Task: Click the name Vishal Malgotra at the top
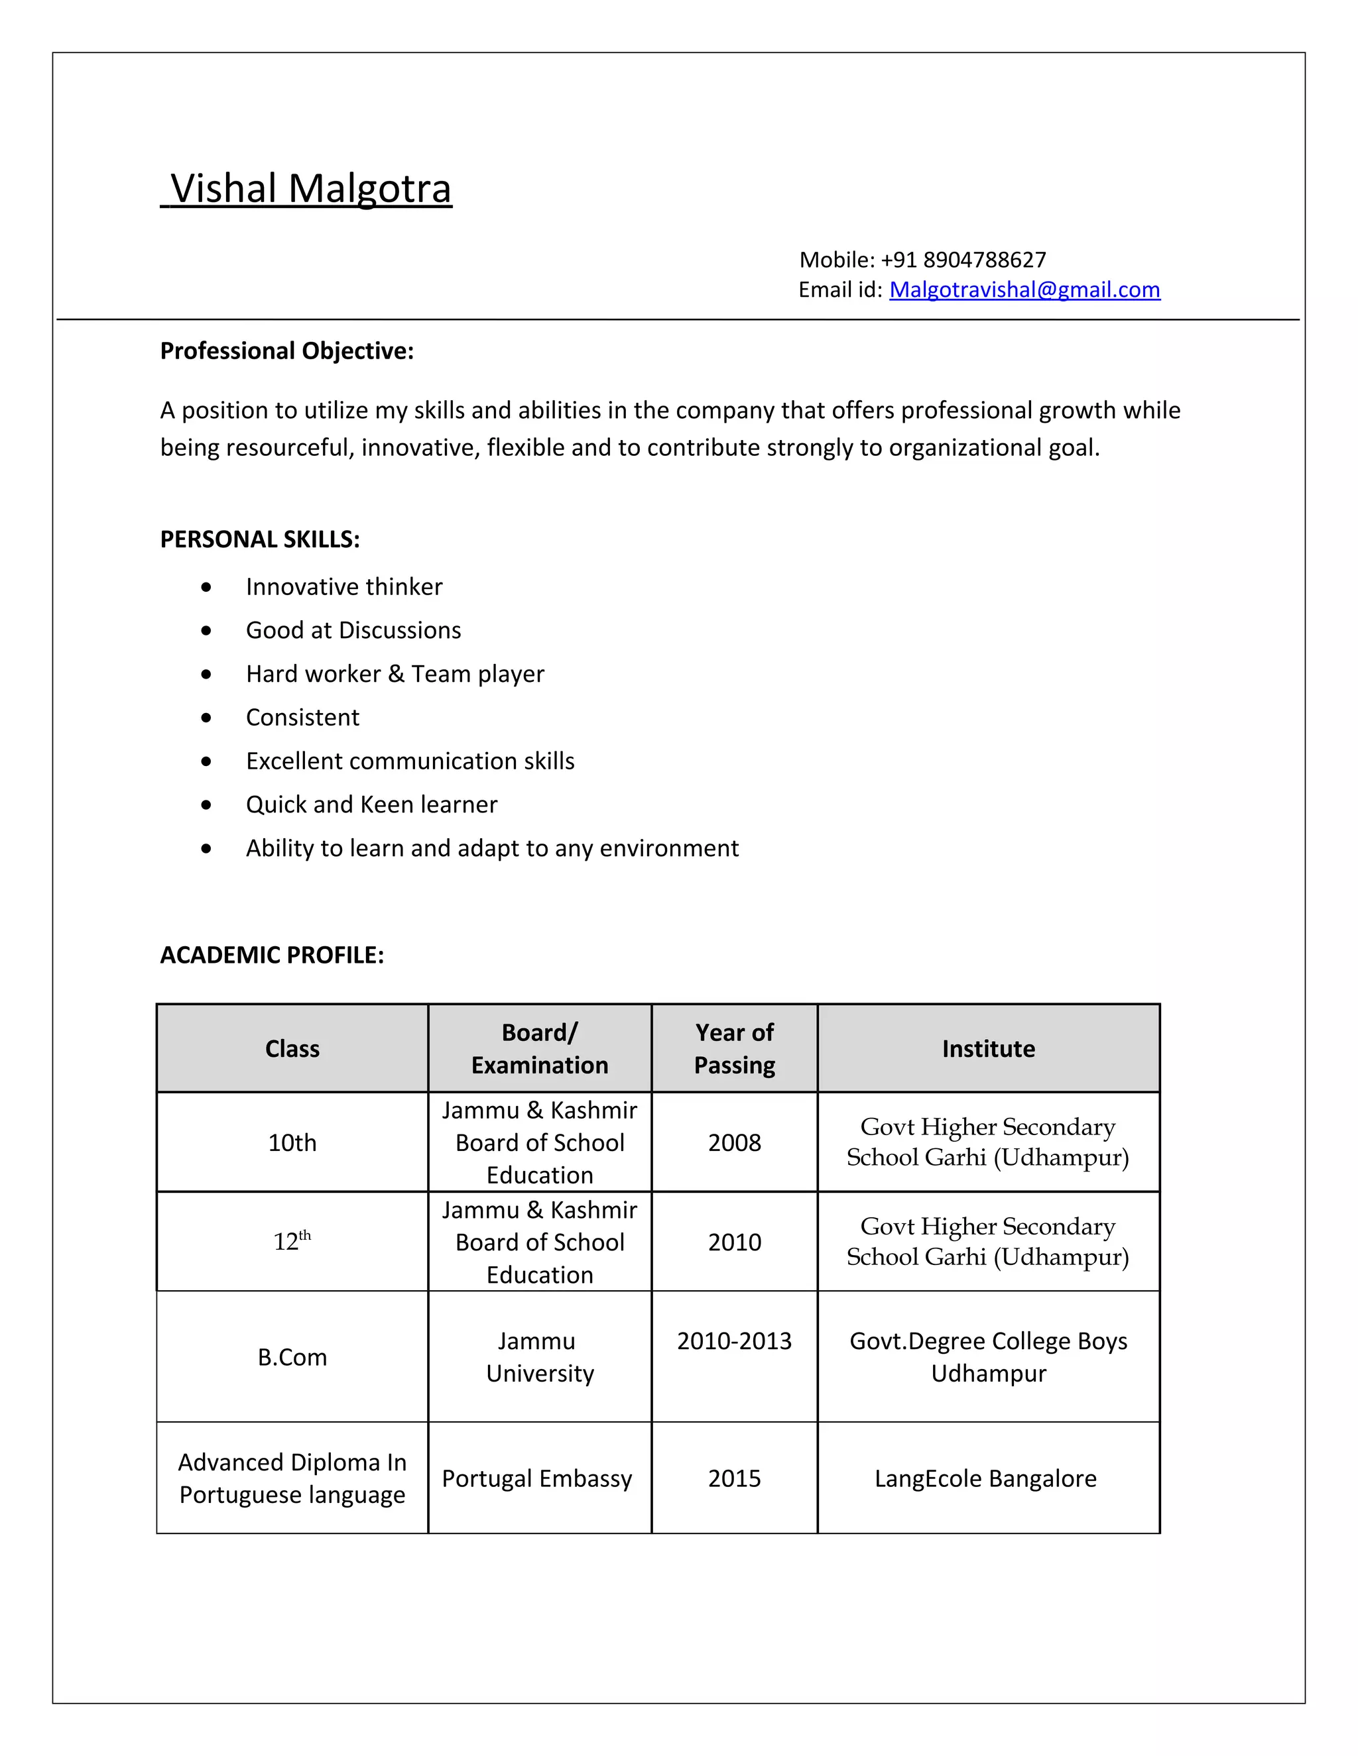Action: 310,189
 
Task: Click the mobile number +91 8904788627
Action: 963,260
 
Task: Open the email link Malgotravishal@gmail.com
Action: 1024,290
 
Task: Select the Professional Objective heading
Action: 286,351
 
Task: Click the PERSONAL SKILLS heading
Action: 260,539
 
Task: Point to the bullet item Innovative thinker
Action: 343,587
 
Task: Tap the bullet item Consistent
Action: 302,717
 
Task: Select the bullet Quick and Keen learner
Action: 371,805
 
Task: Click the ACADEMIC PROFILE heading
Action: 272,955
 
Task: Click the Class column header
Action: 292,1048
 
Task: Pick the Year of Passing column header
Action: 734,1048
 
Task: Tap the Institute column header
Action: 988,1048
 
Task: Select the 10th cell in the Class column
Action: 292,1142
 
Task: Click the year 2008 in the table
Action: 734,1142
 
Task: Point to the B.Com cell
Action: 292,1357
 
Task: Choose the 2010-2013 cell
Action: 734,1341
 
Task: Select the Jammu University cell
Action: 539,1357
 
